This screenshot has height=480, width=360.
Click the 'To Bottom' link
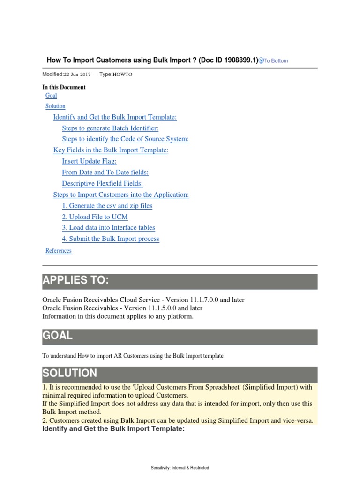[x=276, y=60]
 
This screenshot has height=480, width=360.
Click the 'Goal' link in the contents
[x=51, y=96]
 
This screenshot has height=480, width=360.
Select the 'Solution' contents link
[x=55, y=106]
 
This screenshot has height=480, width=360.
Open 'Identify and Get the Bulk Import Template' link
[x=115, y=117]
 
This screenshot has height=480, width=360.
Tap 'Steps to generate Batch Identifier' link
[x=110, y=128]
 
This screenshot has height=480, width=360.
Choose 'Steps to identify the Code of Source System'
[x=125, y=139]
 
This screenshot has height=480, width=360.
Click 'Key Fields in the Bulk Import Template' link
[x=111, y=150]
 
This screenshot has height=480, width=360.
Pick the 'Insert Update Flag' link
[x=89, y=161]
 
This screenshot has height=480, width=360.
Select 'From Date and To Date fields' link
[x=105, y=172]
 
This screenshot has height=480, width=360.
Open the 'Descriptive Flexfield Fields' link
[x=102, y=184]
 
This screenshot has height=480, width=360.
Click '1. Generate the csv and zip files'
[x=107, y=206]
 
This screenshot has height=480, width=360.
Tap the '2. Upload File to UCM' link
[x=95, y=217]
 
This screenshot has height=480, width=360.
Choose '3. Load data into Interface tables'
[x=108, y=228]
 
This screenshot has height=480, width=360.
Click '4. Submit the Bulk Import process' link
[x=111, y=239]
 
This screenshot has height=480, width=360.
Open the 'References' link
[x=59, y=251]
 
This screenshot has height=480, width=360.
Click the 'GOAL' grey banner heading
[x=57, y=336]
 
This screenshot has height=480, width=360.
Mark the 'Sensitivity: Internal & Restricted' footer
[x=180, y=468]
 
